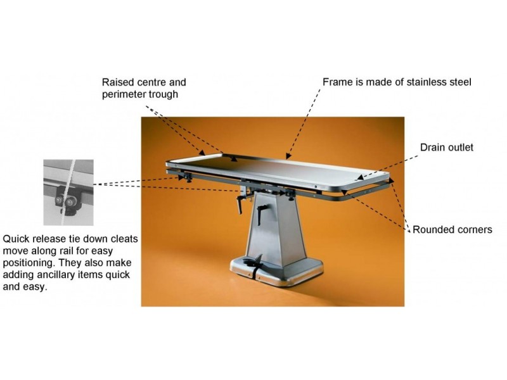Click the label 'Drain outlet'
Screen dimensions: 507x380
446,148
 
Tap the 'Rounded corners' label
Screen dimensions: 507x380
452,229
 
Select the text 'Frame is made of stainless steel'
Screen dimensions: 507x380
397,82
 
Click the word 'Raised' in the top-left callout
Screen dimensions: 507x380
117,82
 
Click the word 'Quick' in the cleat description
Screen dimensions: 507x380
16,239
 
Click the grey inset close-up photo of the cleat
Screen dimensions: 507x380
68,193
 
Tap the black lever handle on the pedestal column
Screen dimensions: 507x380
261,213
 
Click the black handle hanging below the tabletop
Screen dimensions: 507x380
240,204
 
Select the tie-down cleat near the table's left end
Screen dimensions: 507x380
187,177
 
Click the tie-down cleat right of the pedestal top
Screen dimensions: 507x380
290,194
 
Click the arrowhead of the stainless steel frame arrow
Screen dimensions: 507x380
288,156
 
